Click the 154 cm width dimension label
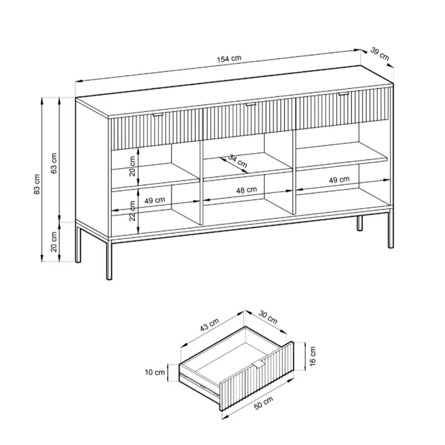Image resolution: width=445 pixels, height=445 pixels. [229, 59]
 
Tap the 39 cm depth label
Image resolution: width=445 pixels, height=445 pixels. [379, 54]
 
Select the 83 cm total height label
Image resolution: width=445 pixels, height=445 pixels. [37, 184]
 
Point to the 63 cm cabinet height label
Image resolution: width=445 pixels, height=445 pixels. [54, 163]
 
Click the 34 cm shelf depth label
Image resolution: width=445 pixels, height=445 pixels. [238, 161]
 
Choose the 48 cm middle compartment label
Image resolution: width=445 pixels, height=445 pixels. [247, 190]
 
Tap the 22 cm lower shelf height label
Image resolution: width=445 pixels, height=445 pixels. [132, 211]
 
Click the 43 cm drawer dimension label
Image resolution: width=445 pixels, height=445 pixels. [210, 324]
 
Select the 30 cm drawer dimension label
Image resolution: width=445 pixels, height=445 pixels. [268, 317]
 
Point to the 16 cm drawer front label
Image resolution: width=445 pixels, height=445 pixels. [313, 356]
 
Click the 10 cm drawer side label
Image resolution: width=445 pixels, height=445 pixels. [155, 372]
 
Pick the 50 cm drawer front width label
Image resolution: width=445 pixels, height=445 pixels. [263, 403]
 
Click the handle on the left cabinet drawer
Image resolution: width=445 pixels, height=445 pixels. [158, 114]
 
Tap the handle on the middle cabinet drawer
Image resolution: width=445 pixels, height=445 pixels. [250, 104]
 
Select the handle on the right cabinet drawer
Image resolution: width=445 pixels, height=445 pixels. [344, 94]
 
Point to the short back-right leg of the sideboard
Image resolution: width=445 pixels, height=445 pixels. [360, 223]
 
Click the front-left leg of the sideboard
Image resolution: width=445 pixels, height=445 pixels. [109, 260]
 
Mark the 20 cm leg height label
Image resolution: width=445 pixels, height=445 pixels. [54, 242]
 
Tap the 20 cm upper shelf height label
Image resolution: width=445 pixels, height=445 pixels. [132, 166]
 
